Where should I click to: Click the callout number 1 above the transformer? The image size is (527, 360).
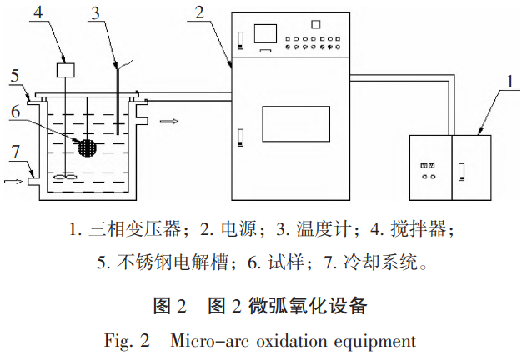coord(509,82)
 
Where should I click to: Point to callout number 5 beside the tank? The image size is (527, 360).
coord(13,75)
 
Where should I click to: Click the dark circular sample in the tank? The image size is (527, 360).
coord(88,146)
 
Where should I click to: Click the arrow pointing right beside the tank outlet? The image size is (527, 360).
coord(169,122)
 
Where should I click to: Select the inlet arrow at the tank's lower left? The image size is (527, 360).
coord(13,178)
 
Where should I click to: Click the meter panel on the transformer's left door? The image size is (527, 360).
coord(429,165)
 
